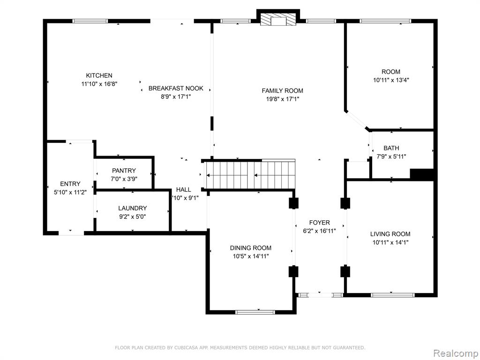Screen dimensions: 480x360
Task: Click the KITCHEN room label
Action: click(99, 75)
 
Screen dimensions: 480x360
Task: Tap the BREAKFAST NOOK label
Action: click(176, 88)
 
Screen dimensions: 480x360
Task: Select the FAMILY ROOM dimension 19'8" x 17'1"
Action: click(282, 99)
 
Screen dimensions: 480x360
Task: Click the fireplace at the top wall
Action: click(278, 20)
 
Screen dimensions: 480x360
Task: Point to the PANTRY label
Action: click(124, 171)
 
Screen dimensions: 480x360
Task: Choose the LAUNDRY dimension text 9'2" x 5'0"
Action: click(132, 217)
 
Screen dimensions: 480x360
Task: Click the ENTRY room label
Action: click(70, 184)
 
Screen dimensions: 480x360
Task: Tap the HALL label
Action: click(183, 189)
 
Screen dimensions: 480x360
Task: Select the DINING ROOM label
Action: click(250, 247)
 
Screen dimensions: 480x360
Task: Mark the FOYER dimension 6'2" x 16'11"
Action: click(319, 231)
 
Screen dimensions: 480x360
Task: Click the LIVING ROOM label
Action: click(390, 234)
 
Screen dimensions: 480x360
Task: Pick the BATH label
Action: click(391, 148)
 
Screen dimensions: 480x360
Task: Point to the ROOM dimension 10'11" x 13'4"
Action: click(391, 80)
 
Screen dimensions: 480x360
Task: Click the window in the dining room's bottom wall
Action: click(255, 312)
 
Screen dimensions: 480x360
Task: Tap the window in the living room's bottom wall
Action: click(392, 295)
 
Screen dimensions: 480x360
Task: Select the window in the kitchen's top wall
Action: click(90, 21)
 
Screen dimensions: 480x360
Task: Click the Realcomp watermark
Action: click(456, 353)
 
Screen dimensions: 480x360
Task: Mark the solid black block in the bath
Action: click(421, 174)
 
